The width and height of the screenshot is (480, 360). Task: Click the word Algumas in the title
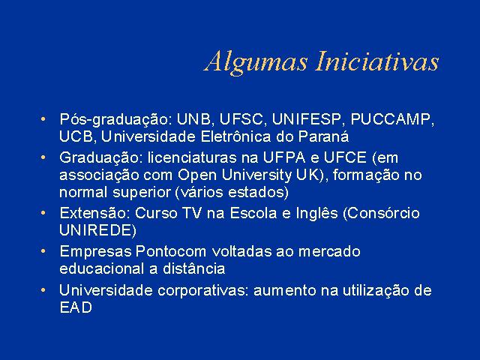[256, 63]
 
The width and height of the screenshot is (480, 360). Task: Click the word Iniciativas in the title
[377, 61]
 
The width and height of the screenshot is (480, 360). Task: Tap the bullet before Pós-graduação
[43, 118]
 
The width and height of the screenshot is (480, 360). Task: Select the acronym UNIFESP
[306, 119]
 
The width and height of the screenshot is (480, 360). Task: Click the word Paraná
[323, 136]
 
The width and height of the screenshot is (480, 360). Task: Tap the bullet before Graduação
[43, 157]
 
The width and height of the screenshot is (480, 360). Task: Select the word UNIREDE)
[97, 231]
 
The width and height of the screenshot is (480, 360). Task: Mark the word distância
[193, 268]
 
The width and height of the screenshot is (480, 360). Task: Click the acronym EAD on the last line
[76, 307]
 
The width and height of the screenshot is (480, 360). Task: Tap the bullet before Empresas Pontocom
[43, 251]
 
